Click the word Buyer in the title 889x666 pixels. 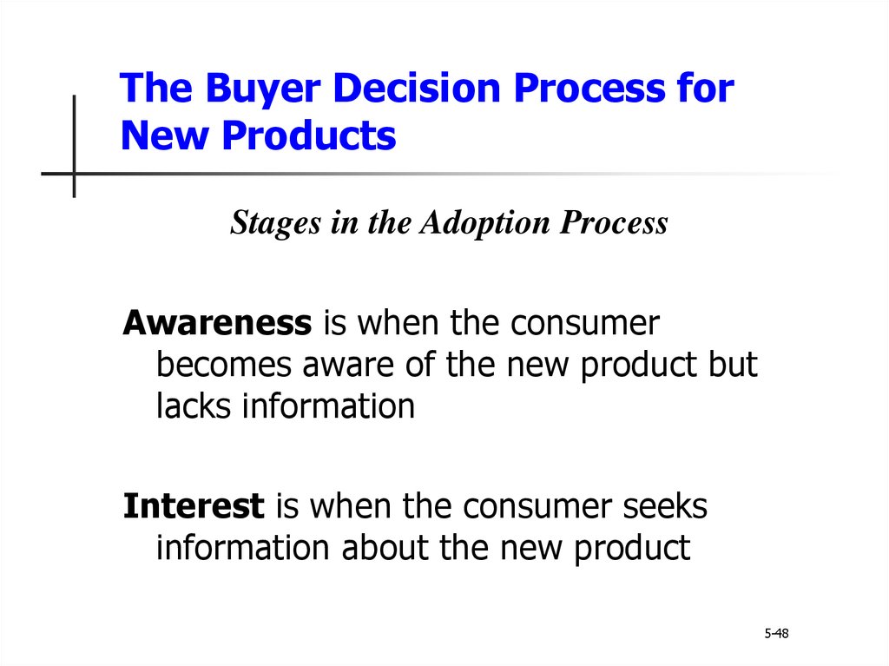(x=262, y=89)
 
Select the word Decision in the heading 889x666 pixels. (x=417, y=88)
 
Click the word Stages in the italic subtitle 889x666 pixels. (x=275, y=223)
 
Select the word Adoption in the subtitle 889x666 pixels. (x=484, y=221)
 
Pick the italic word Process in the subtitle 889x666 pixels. (x=614, y=221)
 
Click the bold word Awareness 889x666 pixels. (x=217, y=323)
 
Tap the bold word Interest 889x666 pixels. (x=194, y=506)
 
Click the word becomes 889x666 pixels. (x=223, y=364)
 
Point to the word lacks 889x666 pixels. (x=194, y=406)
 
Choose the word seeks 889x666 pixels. (x=665, y=506)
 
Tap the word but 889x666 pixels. (x=733, y=364)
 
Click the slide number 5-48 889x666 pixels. (x=776, y=633)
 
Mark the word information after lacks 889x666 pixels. (x=328, y=406)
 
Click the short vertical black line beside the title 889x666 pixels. (x=75, y=147)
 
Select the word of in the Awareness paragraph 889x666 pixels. (x=419, y=364)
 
